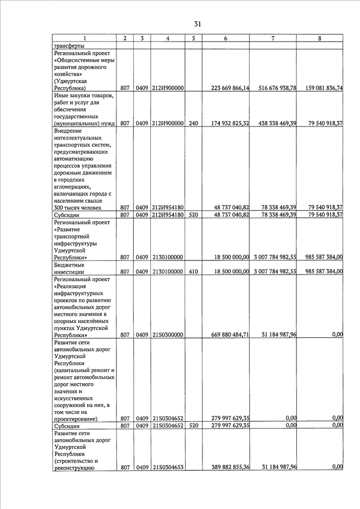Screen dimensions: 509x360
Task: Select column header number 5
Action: point(193,38)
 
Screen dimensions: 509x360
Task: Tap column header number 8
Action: point(319,38)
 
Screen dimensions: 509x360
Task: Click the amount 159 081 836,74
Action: point(325,88)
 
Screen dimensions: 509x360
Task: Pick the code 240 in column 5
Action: point(193,123)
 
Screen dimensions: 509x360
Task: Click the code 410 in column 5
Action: point(193,271)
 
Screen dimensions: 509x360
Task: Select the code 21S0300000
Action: point(167,335)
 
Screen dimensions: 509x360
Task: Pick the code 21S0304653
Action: point(167,467)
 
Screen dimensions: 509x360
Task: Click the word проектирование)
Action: point(76,418)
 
